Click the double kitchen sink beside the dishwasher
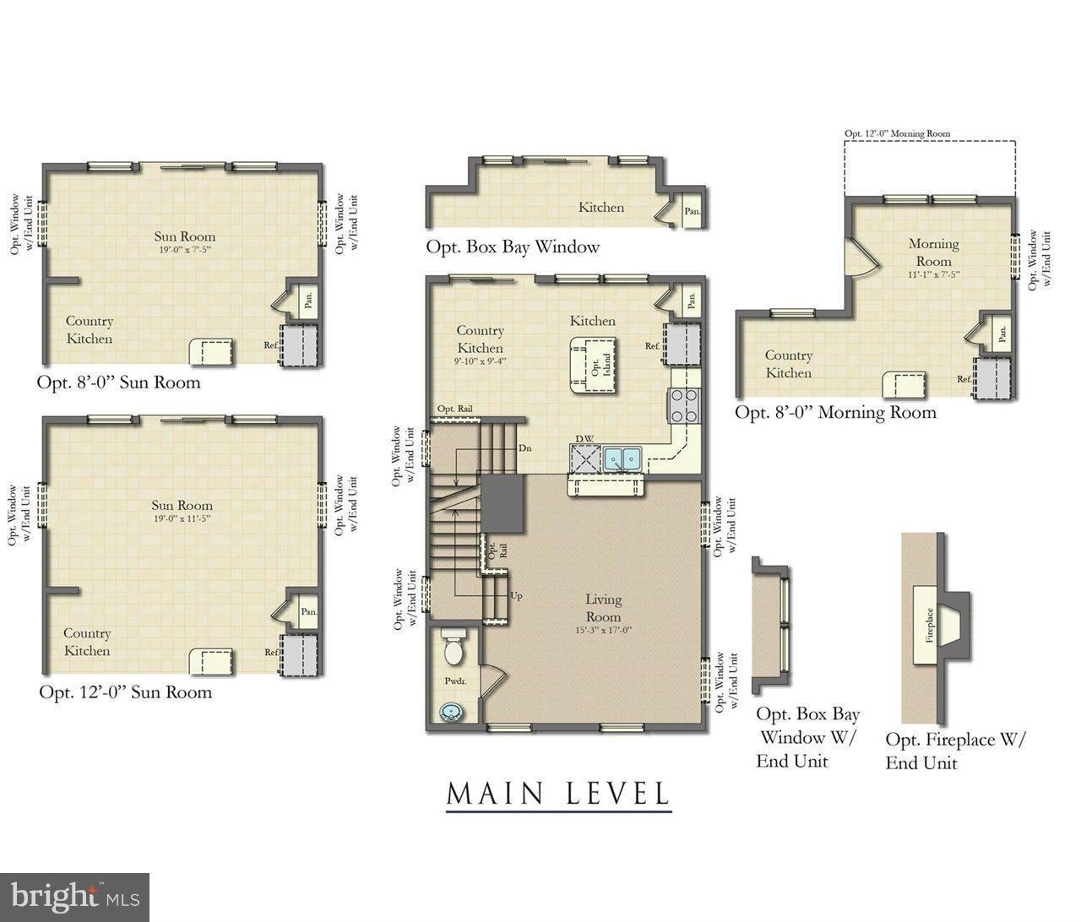pos(623,458)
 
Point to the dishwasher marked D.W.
pos(584,458)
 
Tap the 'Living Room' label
pos(603,608)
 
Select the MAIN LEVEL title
pos(558,794)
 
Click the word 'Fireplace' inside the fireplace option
pos(929,626)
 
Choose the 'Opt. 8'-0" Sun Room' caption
pos(119,382)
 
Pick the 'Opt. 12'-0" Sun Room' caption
pos(125,692)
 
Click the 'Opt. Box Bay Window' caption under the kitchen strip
pos(513,247)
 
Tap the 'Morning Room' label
pos(933,252)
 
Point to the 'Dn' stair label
pos(525,448)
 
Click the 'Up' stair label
pos(516,595)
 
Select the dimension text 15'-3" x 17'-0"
pos(603,631)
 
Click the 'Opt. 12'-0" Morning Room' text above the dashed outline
pos(898,133)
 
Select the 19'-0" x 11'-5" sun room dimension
pos(182,518)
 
